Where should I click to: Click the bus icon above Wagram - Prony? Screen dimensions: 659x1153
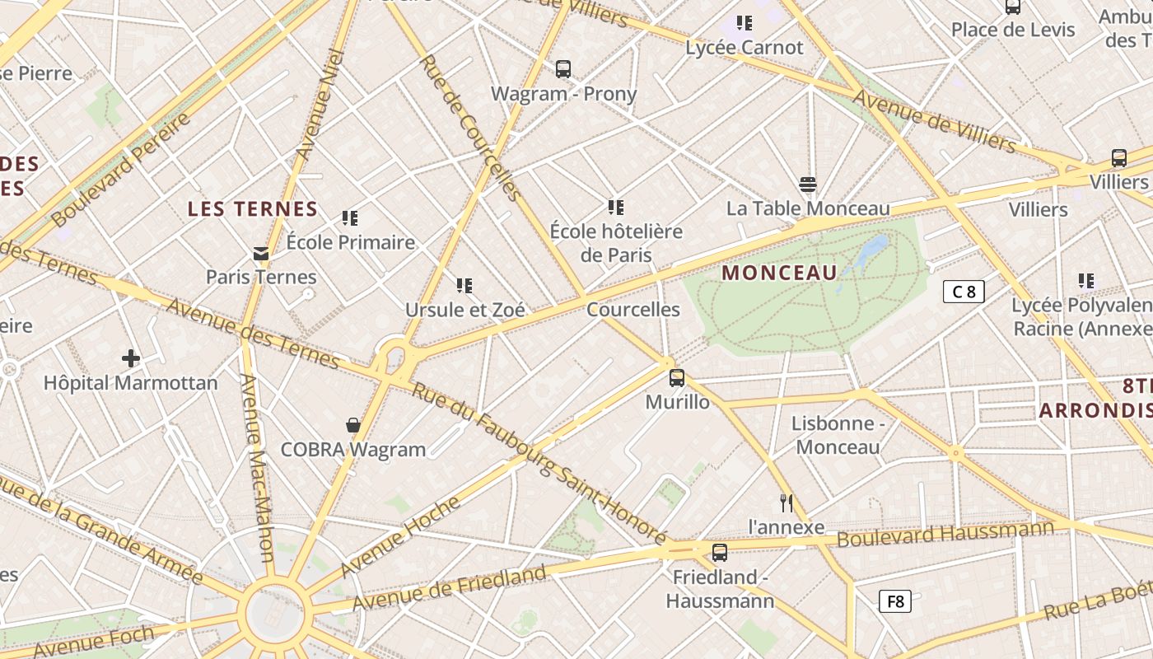coord(563,69)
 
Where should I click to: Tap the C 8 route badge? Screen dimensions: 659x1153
coord(964,291)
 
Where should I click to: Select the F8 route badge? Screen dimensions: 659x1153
coord(896,601)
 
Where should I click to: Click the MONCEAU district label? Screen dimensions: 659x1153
coord(779,273)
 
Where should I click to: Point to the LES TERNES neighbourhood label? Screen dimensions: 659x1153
coord(253,209)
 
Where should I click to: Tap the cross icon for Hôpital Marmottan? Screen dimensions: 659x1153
coord(130,358)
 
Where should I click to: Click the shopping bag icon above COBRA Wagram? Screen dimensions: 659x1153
coord(353,425)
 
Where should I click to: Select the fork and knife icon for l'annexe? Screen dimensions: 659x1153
coord(787,502)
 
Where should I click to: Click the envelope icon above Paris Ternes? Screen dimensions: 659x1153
coord(261,253)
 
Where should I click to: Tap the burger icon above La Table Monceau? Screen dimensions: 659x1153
coord(808,185)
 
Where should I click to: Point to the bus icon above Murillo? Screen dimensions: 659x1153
coord(677,378)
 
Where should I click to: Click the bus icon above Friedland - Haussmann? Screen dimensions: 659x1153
coord(720,553)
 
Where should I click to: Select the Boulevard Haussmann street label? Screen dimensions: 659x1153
coord(945,533)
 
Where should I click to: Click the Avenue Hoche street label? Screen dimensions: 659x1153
coord(401,535)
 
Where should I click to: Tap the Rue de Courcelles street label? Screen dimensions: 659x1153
coord(470,128)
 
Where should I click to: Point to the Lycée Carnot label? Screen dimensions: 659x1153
coord(745,48)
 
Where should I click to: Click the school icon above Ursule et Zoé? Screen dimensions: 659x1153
coord(464,286)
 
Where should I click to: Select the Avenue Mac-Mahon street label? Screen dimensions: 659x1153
coord(257,466)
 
